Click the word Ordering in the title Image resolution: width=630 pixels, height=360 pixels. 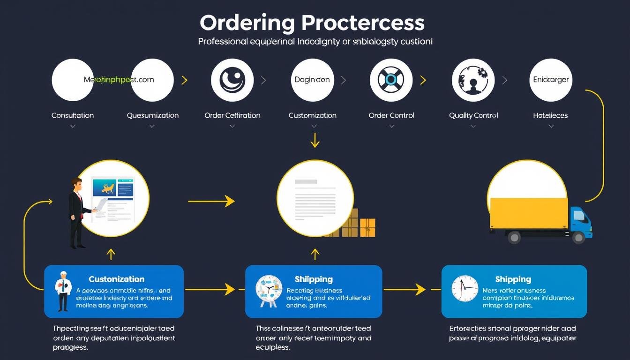tap(247, 23)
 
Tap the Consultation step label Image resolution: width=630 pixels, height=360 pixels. tap(73, 115)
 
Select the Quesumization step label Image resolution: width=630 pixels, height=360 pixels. tap(153, 115)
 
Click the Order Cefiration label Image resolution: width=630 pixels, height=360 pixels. tap(232, 115)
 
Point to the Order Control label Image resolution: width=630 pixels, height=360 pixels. tap(391, 115)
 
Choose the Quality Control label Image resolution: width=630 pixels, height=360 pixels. tap(473, 115)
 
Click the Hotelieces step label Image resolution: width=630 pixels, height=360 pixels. tap(550, 115)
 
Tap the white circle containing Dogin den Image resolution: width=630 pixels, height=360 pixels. tap(312, 80)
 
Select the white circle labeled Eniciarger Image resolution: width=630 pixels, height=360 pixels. tap(551, 80)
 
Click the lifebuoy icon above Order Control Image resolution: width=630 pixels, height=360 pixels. tap(391, 80)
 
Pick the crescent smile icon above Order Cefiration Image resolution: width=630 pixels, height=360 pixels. tap(232, 80)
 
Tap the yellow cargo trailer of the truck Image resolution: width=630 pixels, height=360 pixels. tap(529, 213)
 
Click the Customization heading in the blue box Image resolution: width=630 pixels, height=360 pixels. tap(117, 279)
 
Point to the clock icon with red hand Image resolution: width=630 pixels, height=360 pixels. tap(465, 288)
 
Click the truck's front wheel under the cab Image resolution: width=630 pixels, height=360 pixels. tap(577, 237)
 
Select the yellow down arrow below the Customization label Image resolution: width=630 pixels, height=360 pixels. tap(315, 140)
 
